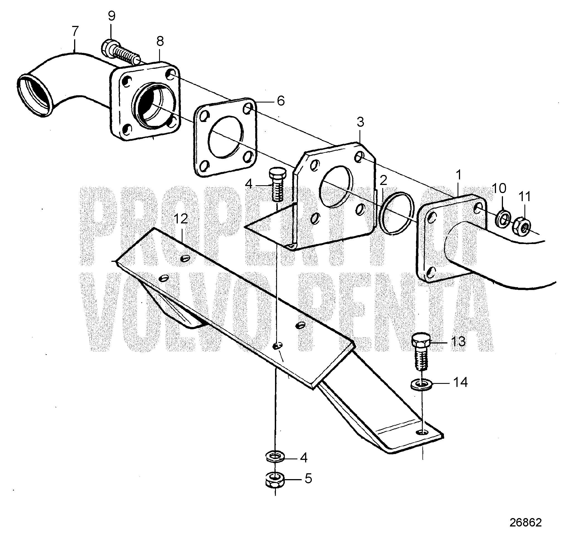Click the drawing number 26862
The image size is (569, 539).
[526, 522]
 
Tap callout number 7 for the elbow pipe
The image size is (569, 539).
[75, 31]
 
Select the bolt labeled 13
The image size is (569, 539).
[421, 351]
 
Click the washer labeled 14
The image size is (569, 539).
[421, 385]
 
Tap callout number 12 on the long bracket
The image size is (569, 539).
[181, 219]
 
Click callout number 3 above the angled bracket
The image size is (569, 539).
[360, 122]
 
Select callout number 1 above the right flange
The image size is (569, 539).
[459, 175]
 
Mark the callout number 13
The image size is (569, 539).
[458, 342]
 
